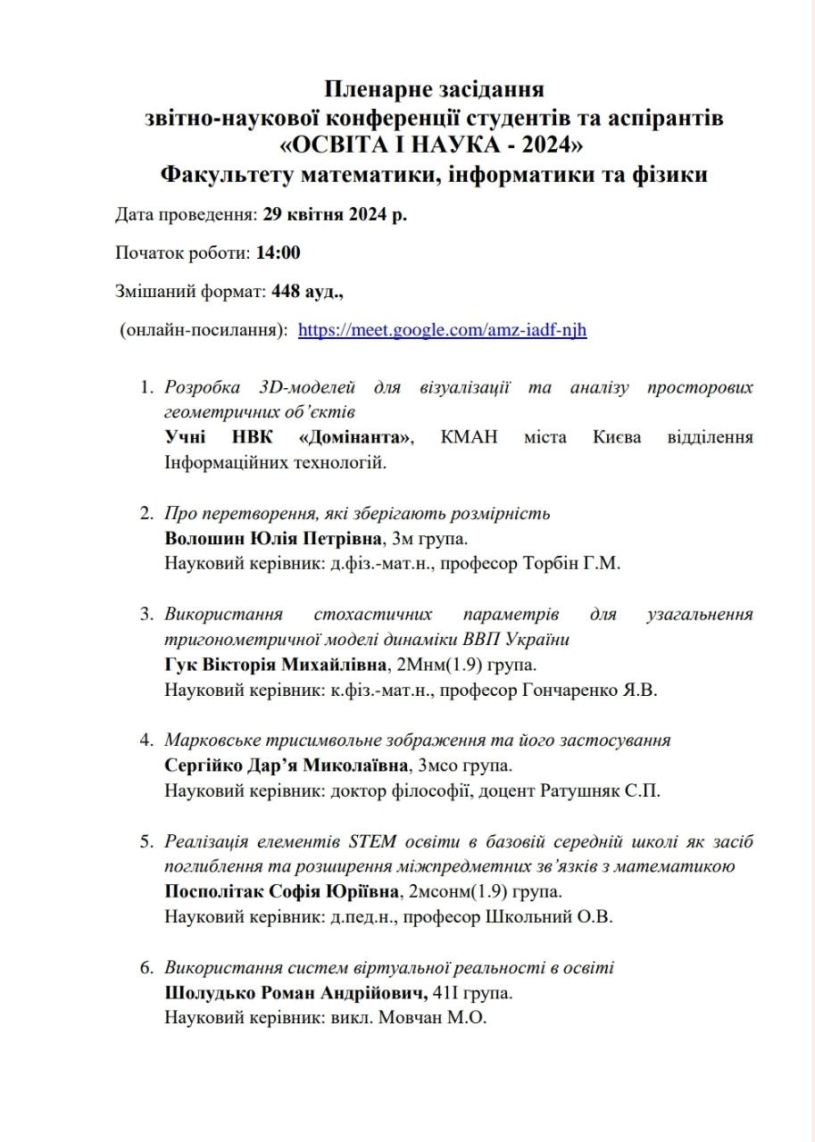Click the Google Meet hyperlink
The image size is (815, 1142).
pos(442,330)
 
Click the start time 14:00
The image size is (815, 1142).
pos(278,253)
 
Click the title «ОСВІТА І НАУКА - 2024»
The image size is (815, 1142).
pos(434,145)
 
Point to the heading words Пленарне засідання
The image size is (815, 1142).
pos(434,89)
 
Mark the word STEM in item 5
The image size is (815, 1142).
pos(373,841)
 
